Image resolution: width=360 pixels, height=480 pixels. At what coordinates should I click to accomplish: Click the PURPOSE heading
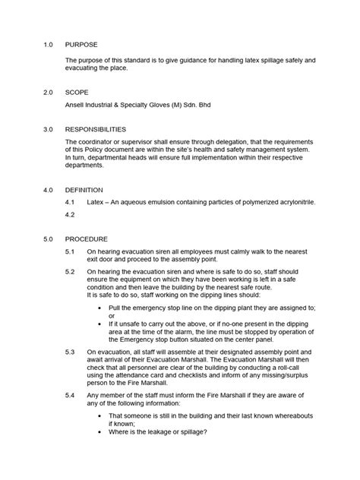coord(82,45)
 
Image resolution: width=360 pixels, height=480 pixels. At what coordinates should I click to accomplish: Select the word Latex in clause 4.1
coord(97,203)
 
